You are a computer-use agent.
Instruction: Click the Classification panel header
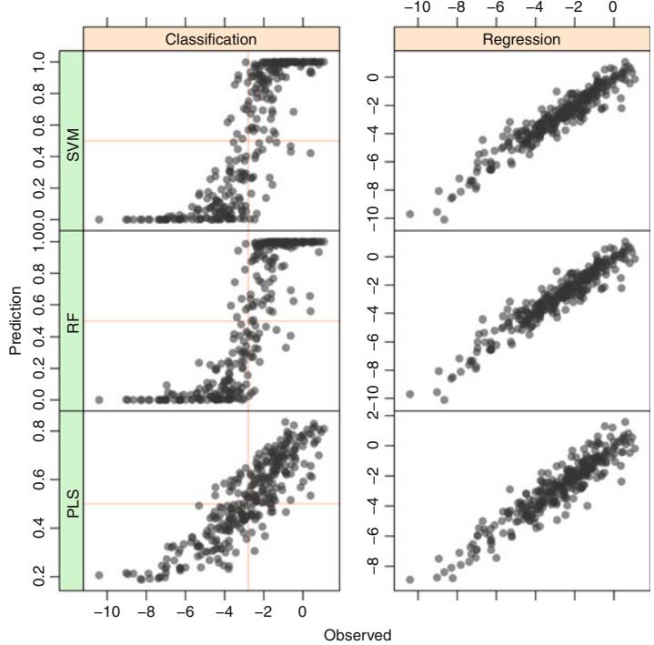[x=211, y=39]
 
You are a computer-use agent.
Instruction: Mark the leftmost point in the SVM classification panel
[x=99, y=219]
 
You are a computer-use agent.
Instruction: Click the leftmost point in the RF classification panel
[x=99, y=399]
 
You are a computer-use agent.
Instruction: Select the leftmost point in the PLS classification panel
[x=99, y=575]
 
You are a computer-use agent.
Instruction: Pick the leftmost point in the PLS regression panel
[x=410, y=579]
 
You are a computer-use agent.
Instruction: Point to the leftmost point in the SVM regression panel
[x=410, y=214]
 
